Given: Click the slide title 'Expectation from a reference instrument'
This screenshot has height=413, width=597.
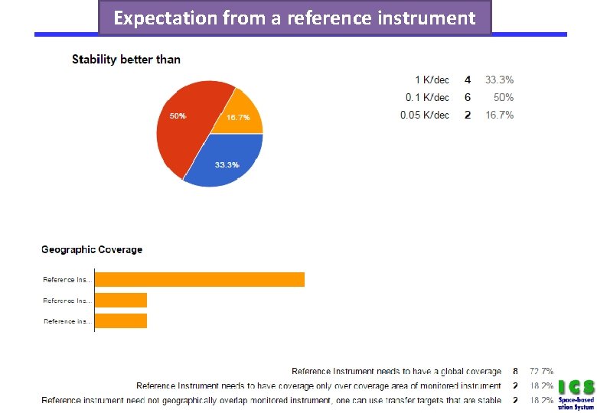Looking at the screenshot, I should click(295, 18).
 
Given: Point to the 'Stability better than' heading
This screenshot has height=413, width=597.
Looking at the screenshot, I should click(126, 59).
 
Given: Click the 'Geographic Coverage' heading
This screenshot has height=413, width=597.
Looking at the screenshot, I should click(92, 249).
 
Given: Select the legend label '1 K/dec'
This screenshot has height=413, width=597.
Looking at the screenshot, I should click(432, 80).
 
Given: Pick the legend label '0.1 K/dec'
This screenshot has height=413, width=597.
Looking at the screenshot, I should click(427, 97).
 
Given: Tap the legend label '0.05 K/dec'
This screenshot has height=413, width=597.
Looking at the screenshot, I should click(425, 115).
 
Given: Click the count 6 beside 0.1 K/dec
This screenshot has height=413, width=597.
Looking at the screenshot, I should click(468, 97).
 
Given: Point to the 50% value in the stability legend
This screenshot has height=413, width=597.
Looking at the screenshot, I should click(504, 97).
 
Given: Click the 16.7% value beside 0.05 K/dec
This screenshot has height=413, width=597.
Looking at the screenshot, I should click(500, 115).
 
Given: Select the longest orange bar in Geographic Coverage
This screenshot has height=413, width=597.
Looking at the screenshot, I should click(199, 279).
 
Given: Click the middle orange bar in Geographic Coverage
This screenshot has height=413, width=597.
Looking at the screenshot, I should click(120, 300).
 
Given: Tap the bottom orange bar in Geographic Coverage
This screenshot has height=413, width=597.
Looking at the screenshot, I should click(120, 320).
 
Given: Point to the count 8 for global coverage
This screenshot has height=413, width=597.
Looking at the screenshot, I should click(515, 371).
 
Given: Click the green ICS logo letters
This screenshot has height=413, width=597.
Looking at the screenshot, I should click(576, 386).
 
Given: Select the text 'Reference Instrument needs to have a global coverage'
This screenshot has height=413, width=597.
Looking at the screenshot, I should click(396, 371).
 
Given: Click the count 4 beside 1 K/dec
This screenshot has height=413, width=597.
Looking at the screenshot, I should click(468, 80).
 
